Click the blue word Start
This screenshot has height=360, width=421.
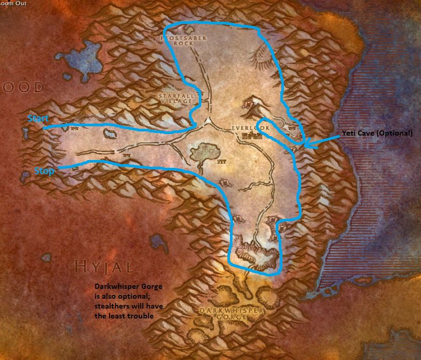pos(38,118)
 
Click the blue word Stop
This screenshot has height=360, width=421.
pos(44,171)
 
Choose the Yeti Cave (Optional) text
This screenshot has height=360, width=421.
pos(377,133)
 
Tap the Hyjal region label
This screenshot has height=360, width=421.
pos(104,267)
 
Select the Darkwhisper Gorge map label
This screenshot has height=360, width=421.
pos(232,313)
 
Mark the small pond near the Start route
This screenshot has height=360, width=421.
pos(110,135)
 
